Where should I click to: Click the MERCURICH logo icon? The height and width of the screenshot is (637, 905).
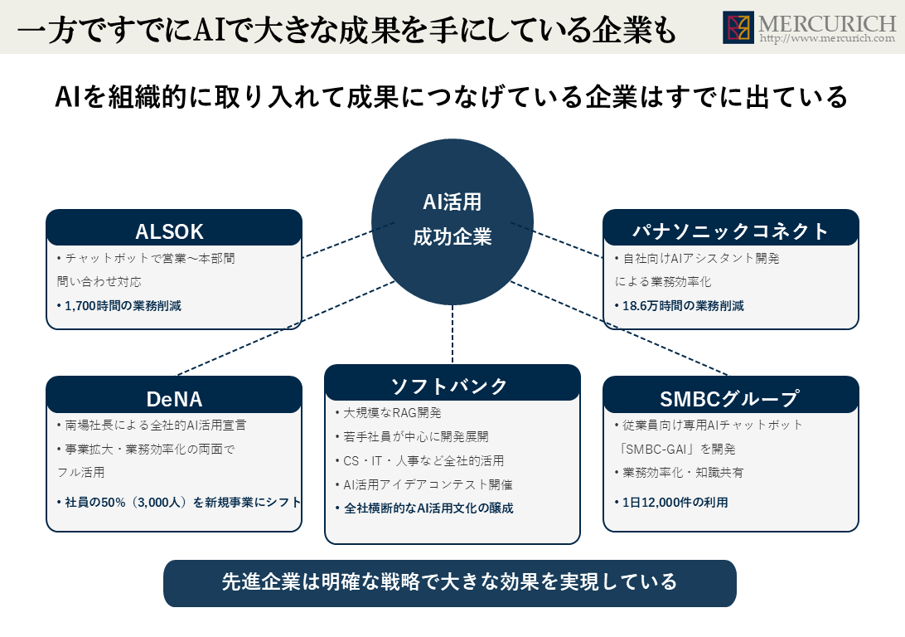click(x=738, y=27)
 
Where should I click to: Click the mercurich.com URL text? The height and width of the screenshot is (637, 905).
click(x=827, y=39)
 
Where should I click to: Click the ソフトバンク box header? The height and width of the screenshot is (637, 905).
click(x=452, y=383)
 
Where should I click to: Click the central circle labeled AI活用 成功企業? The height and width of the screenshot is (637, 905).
click(x=453, y=222)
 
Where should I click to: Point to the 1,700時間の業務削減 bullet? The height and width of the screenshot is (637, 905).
click(x=119, y=305)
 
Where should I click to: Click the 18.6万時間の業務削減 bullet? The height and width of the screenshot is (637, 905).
click(x=679, y=305)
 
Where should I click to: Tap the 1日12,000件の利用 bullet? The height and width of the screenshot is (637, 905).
click(x=670, y=503)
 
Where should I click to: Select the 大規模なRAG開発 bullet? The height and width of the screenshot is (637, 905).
click(x=388, y=413)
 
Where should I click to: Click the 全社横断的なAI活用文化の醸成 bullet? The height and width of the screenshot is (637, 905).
click(x=424, y=508)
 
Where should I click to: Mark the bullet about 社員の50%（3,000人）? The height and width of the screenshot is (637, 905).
click(x=179, y=503)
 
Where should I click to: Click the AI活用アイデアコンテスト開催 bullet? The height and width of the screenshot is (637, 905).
click(x=423, y=484)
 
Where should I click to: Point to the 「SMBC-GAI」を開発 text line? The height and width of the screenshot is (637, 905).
click(x=676, y=449)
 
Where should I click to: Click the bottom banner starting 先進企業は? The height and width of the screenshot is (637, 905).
click(x=450, y=583)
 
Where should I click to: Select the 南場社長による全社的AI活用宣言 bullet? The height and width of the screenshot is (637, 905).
click(x=151, y=425)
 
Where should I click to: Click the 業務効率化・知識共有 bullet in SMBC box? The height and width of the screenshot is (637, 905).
click(x=679, y=473)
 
